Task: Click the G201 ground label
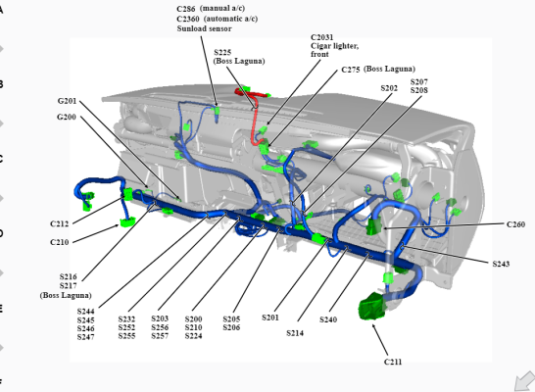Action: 67,101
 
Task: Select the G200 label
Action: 67,117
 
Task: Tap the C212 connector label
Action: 60,223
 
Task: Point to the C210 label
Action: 60,242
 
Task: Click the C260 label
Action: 515,224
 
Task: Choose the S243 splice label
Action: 501,264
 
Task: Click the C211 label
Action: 393,362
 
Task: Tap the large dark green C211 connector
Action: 372,307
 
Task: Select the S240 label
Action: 328,319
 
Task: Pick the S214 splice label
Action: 295,333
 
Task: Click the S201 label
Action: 270,318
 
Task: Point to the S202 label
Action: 389,88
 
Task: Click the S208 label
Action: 419,90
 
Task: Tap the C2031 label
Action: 321,37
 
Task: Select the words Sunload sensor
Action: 205,28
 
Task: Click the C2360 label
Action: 188,19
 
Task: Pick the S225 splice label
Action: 222,53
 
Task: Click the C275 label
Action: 351,70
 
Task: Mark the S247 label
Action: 85,337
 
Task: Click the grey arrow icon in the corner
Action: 525,381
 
